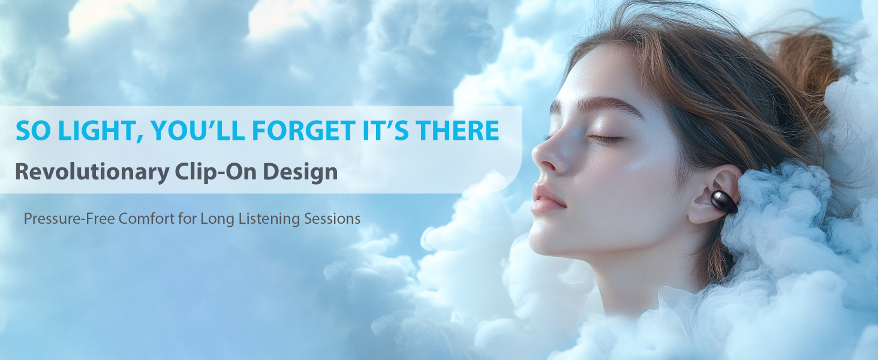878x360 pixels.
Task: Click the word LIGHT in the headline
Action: (100, 131)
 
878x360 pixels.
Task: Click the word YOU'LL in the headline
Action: (198, 130)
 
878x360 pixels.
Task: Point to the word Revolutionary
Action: (92, 172)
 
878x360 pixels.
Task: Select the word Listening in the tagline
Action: (269, 219)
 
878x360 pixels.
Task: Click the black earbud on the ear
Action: (724, 202)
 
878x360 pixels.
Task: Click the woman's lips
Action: (547, 198)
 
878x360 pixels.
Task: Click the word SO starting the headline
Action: (33, 131)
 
